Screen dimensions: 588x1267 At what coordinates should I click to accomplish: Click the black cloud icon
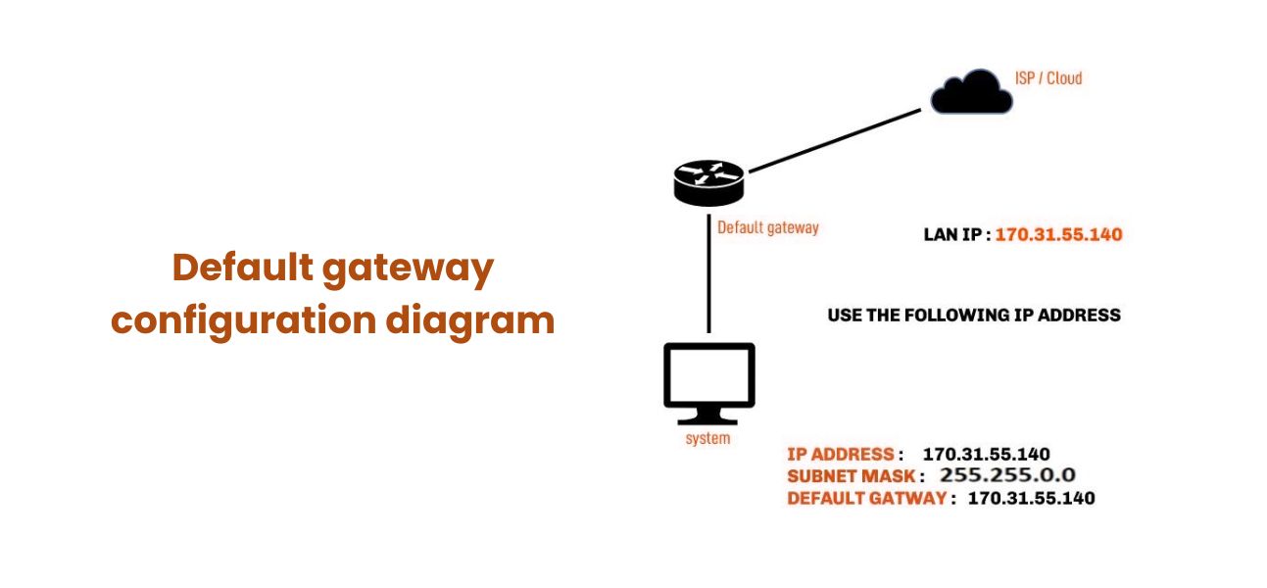(971, 92)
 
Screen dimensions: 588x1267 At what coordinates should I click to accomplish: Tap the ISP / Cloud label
(1048, 77)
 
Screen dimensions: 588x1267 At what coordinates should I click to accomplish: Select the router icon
(708, 183)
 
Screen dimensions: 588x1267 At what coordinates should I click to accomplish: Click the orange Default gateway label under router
(767, 227)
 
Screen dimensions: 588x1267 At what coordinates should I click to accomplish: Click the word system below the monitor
(707, 438)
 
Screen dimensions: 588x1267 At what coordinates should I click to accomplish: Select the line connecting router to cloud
(833, 139)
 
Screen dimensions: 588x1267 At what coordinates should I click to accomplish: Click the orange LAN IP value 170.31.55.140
(1058, 235)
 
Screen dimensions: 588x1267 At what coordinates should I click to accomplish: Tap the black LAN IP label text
(954, 235)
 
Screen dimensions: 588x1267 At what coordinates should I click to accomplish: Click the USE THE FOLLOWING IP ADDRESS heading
(973, 316)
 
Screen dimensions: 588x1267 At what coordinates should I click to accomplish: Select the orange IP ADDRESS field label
(840, 454)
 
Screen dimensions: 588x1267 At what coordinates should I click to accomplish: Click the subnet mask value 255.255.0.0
(1007, 475)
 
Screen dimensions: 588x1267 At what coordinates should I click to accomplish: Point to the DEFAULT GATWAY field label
(866, 498)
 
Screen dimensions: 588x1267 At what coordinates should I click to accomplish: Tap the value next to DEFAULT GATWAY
(1031, 498)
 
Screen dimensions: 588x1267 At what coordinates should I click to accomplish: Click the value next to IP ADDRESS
(986, 454)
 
